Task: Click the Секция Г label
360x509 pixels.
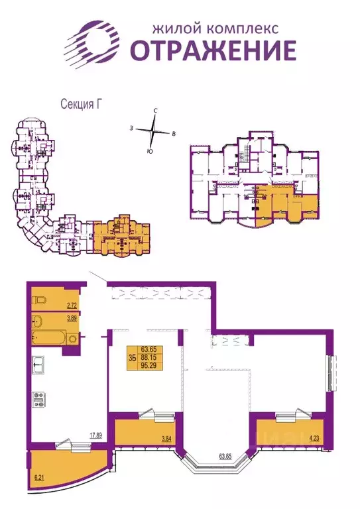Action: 79,104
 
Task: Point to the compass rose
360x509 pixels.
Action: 154,131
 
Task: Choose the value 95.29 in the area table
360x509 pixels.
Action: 149,365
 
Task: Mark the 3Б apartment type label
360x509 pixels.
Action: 132,357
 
